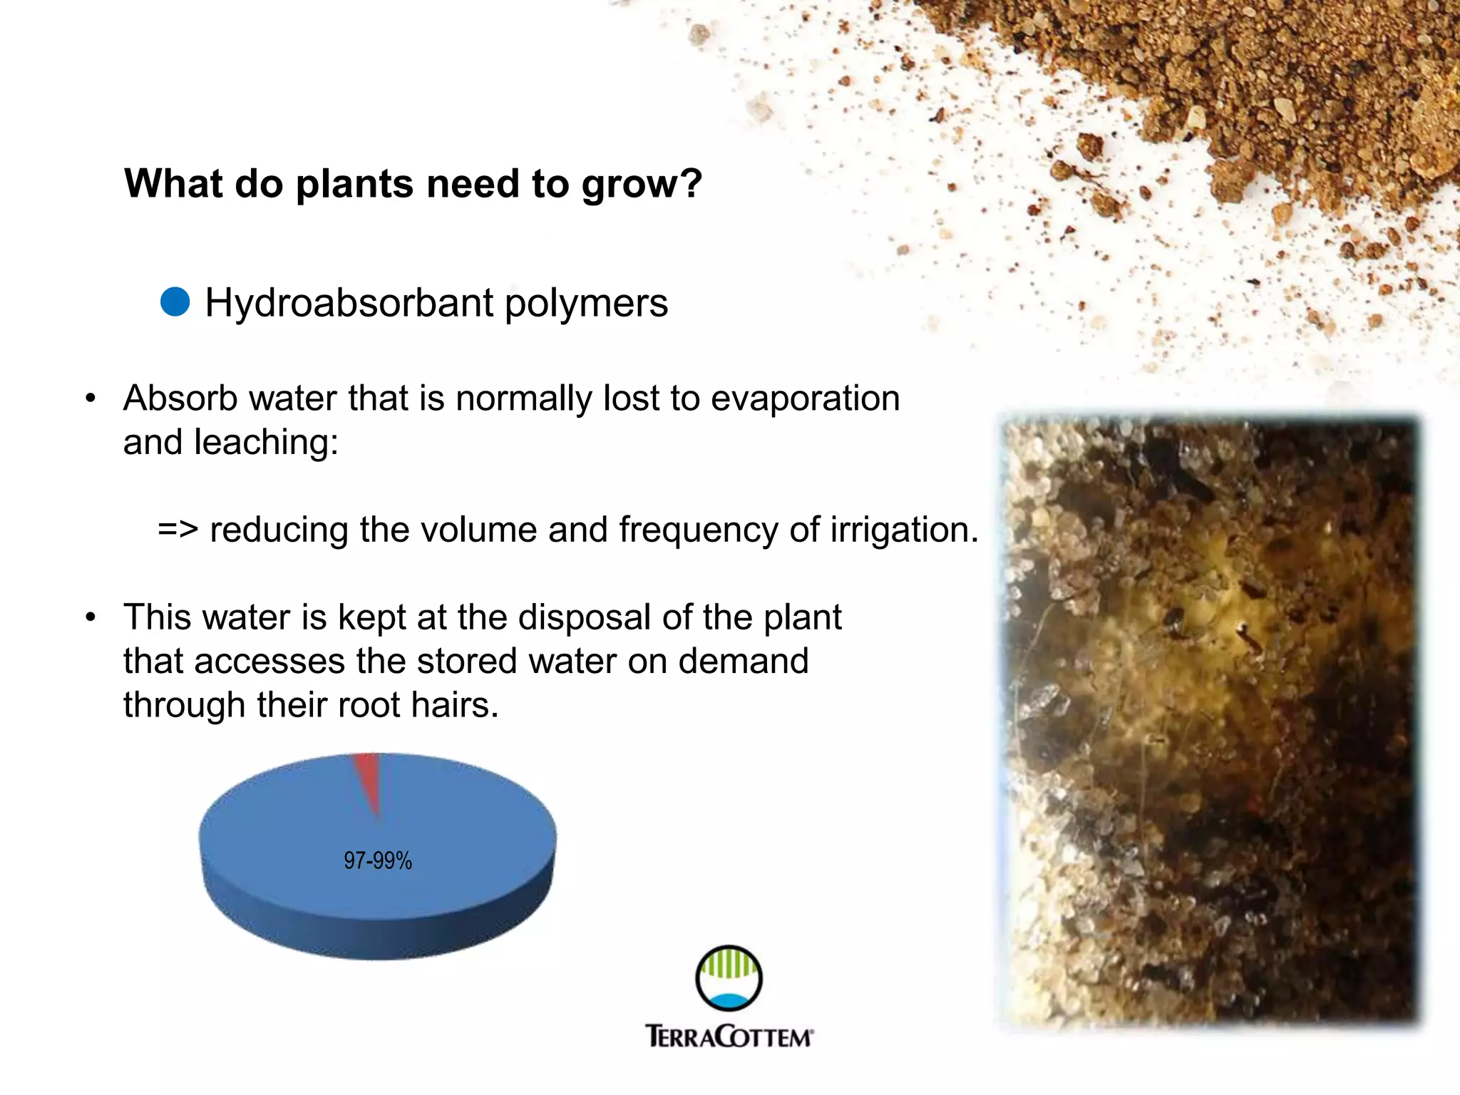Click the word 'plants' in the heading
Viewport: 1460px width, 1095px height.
click(354, 185)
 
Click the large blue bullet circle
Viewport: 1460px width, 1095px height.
click(175, 302)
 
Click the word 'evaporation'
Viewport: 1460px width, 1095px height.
click(805, 398)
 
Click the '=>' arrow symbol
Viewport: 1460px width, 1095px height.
click(178, 530)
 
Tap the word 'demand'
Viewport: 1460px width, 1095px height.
click(743, 661)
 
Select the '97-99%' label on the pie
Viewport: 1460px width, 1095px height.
click(378, 860)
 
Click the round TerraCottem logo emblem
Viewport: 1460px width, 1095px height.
click(729, 978)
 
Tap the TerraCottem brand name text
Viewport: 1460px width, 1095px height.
click(729, 1036)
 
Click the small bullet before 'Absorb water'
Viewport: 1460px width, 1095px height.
click(90, 399)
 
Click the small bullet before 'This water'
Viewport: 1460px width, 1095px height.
click(90, 618)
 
